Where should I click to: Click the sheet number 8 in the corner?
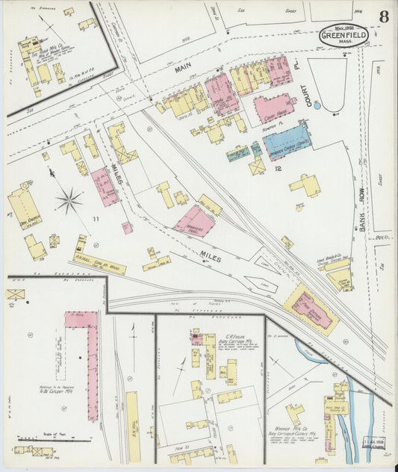[x=382, y=16]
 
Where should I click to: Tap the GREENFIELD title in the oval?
[x=343, y=36]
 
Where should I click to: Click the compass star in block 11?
[x=69, y=199]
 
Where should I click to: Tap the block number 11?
[x=96, y=218]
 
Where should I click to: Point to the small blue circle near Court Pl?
[x=317, y=106]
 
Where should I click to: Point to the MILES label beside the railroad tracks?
[x=213, y=255]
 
